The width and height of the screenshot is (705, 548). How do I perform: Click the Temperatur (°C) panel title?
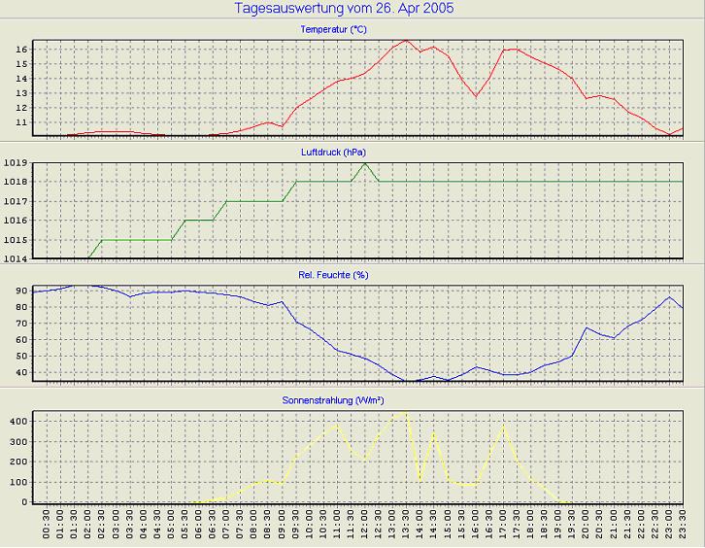[x=333, y=30]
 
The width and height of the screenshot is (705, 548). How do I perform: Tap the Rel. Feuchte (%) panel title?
[x=333, y=275]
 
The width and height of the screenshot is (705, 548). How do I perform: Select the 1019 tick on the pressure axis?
[x=16, y=162]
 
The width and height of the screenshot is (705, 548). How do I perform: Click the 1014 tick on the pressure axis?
[x=16, y=259]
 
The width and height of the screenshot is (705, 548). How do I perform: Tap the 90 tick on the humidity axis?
[x=21, y=291]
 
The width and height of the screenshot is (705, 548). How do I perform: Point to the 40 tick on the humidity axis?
[x=21, y=372]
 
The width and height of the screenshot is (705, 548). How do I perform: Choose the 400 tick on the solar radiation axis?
[x=17, y=422]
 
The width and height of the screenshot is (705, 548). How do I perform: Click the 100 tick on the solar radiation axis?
[x=17, y=482]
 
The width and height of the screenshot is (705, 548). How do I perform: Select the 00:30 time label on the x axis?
[x=47, y=526]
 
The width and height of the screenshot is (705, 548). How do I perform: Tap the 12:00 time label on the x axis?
[x=365, y=526]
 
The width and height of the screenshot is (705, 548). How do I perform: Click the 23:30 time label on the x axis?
[x=684, y=526]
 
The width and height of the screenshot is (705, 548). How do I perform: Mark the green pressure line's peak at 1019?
[x=364, y=162]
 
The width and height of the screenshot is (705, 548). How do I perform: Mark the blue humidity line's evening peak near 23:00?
[x=669, y=297]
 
